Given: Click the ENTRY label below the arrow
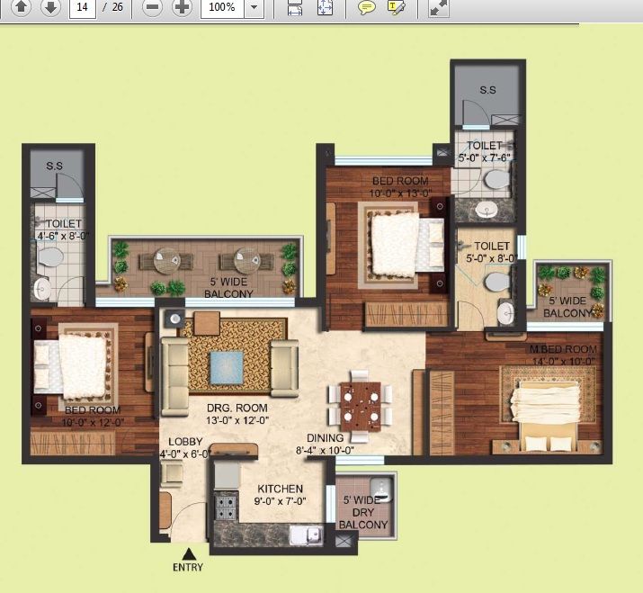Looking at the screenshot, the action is [188, 567].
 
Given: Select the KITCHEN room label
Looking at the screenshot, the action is [280, 489].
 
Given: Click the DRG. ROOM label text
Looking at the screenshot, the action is [237, 408].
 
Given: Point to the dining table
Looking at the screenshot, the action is [361, 406].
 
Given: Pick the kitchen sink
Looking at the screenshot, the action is [306, 535].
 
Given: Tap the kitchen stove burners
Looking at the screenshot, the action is [226, 508].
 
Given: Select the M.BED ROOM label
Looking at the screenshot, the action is [563, 349].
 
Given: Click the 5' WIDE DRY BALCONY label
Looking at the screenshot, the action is [363, 512].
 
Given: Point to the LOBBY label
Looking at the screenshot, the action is [185, 442].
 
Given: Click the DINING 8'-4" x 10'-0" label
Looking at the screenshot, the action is [325, 444].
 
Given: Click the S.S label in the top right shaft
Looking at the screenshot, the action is [487, 90].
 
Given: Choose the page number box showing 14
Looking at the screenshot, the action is [83, 7].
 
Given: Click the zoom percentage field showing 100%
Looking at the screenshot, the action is [222, 7].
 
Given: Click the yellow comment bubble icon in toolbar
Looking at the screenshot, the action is [367, 7].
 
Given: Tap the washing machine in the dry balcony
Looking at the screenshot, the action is [382, 490].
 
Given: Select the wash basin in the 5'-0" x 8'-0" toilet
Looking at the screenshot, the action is [505, 313].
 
